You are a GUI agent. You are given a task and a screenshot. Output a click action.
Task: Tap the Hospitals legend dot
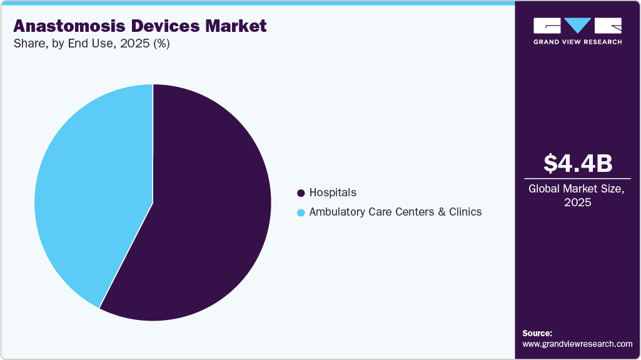click(301, 193)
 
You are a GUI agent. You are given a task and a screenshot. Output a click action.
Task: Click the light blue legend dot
click(301, 212)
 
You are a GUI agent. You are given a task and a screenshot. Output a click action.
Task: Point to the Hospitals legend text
click(333, 193)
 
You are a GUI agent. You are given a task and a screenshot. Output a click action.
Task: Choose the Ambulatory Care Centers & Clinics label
click(395, 212)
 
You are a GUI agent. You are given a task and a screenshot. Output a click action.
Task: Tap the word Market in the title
click(237, 26)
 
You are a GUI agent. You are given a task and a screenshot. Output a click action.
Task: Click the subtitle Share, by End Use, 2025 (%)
click(91, 44)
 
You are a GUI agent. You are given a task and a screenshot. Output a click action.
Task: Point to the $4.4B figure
click(577, 164)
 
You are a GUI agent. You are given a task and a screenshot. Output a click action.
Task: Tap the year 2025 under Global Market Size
click(577, 202)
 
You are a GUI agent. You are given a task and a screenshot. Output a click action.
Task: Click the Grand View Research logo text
click(577, 42)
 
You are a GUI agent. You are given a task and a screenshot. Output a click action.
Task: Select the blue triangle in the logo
click(577, 25)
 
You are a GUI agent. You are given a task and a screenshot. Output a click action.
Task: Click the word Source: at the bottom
click(537, 333)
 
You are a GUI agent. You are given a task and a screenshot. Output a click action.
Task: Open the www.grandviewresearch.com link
click(577, 344)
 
